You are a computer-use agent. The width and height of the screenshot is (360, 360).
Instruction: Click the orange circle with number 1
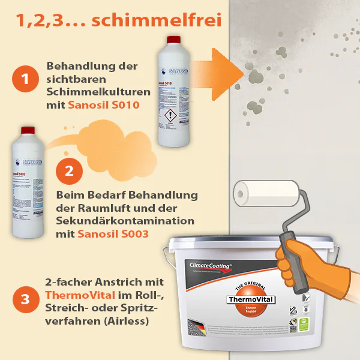pyautogui.click(x=25, y=79)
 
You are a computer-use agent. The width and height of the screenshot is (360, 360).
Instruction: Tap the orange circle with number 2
pyautogui.click(x=69, y=170)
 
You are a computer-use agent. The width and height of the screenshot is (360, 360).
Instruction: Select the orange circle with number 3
pyautogui.click(x=25, y=298)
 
